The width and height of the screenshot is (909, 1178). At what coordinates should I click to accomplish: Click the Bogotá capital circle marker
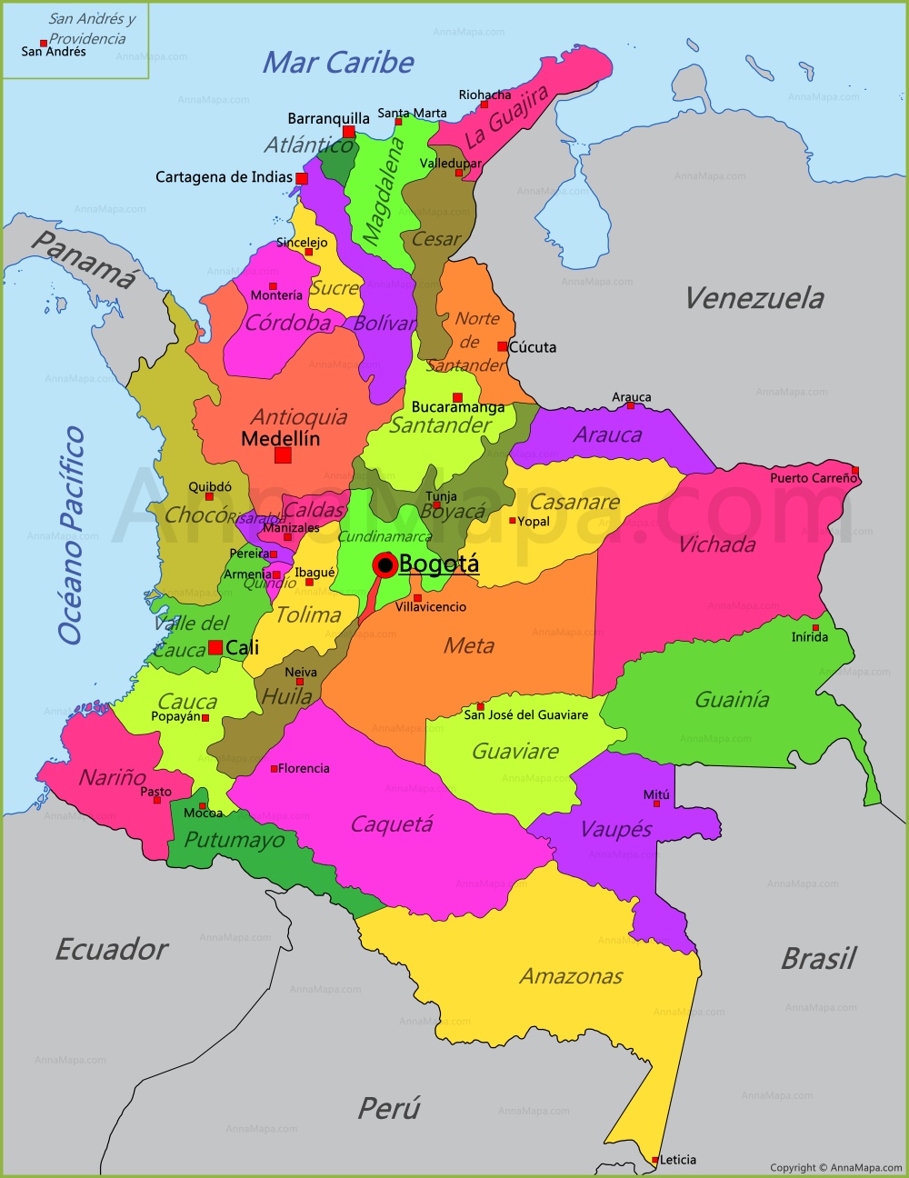click(x=385, y=565)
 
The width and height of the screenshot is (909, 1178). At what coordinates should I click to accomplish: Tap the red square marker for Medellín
click(x=283, y=454)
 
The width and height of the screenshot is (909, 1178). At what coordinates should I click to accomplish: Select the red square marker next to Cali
click(x=215, y=647)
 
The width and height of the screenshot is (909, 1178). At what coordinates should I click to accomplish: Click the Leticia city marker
click(x=655, y=1160)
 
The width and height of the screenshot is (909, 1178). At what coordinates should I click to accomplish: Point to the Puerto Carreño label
click(x=813, y=478)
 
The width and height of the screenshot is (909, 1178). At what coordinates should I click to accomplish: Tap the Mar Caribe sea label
click(x=338, y=63)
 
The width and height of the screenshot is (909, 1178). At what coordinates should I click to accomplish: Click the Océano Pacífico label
click(x=72, y=535)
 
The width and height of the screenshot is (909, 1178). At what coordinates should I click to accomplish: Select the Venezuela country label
click(x=754, y=298)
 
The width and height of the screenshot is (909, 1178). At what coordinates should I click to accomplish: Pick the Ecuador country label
click(x=112, y=950)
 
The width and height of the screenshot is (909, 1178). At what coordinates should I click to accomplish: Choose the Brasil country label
click(x=818, y=958)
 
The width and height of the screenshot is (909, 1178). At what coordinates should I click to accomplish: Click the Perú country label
click(x=389, y=1109)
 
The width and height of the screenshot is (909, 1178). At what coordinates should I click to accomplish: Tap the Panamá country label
click(x=84, y=260)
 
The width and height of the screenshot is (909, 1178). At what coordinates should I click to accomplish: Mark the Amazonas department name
click(x=571, y=976)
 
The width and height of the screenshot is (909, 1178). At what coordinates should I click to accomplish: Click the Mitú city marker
click(x=656, y=804)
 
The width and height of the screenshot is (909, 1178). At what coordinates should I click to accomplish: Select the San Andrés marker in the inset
click(x=44, y=43)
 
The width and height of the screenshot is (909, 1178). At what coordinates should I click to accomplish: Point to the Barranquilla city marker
click(x=349, y=132)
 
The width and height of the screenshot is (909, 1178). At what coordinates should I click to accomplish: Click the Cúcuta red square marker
click(x=503, y=346)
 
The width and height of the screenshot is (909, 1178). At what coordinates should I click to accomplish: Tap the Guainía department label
click(x=732, y=700)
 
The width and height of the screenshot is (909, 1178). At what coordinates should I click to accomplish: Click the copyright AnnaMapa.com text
click(x=835, y=1168)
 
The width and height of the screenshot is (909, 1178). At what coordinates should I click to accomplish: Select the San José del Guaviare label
click(x=526, y=715)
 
